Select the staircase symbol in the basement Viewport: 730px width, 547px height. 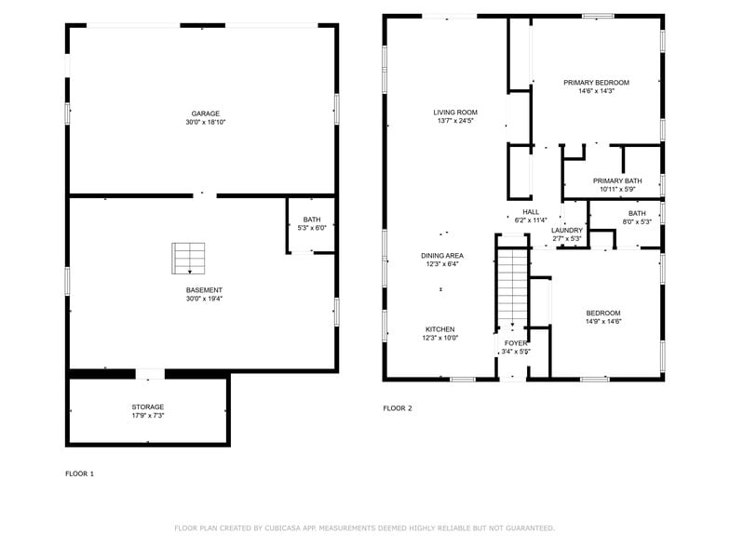189,258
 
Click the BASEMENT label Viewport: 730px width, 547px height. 204,290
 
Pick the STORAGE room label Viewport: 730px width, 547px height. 147,407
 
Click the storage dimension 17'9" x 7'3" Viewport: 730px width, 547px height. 147,415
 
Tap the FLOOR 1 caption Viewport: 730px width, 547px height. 79,474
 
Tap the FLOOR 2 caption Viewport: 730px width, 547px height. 398,408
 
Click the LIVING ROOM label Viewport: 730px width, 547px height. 455,113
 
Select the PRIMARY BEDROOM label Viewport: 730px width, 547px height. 596,83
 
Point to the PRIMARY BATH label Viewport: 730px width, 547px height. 617,180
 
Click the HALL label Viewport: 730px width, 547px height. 531,212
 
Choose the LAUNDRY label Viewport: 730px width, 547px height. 566,230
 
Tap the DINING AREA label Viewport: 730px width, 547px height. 442,256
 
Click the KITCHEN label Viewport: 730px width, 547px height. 440,329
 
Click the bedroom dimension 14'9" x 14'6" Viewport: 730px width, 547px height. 602,321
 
